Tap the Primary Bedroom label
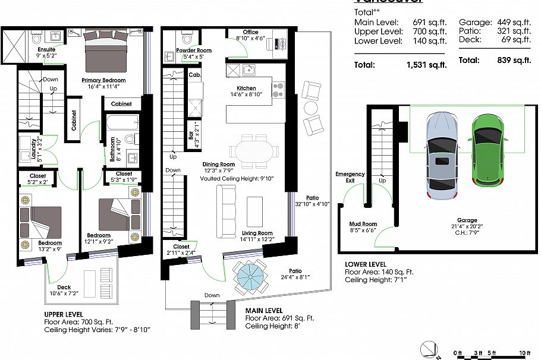(104, 80)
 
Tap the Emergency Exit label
(350, 177)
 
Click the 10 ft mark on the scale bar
(524, 353)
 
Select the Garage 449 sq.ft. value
(519, 22)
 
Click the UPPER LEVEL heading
(64, 314)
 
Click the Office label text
(251, 32)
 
